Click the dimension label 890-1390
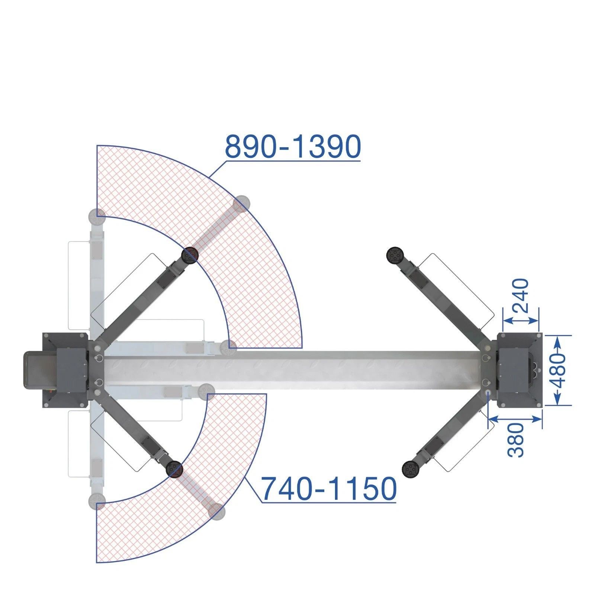coord(293,147)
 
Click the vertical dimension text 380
coord(516,440)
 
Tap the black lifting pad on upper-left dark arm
coord(190,255)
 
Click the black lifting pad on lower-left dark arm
coord(174,469)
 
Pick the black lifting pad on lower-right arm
coord(411,469)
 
